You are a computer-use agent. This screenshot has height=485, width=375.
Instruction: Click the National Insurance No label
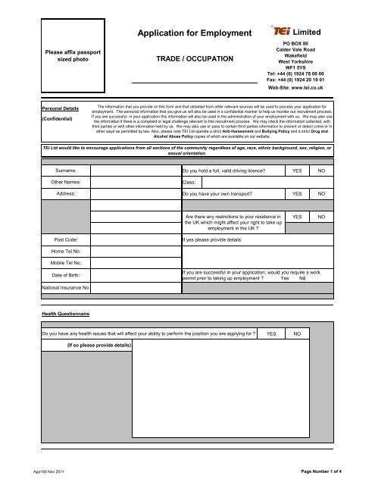pyautogui.click(x=66, y=288)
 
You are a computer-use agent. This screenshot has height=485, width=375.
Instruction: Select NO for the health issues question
pyautogui.click(x=297, y=333)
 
